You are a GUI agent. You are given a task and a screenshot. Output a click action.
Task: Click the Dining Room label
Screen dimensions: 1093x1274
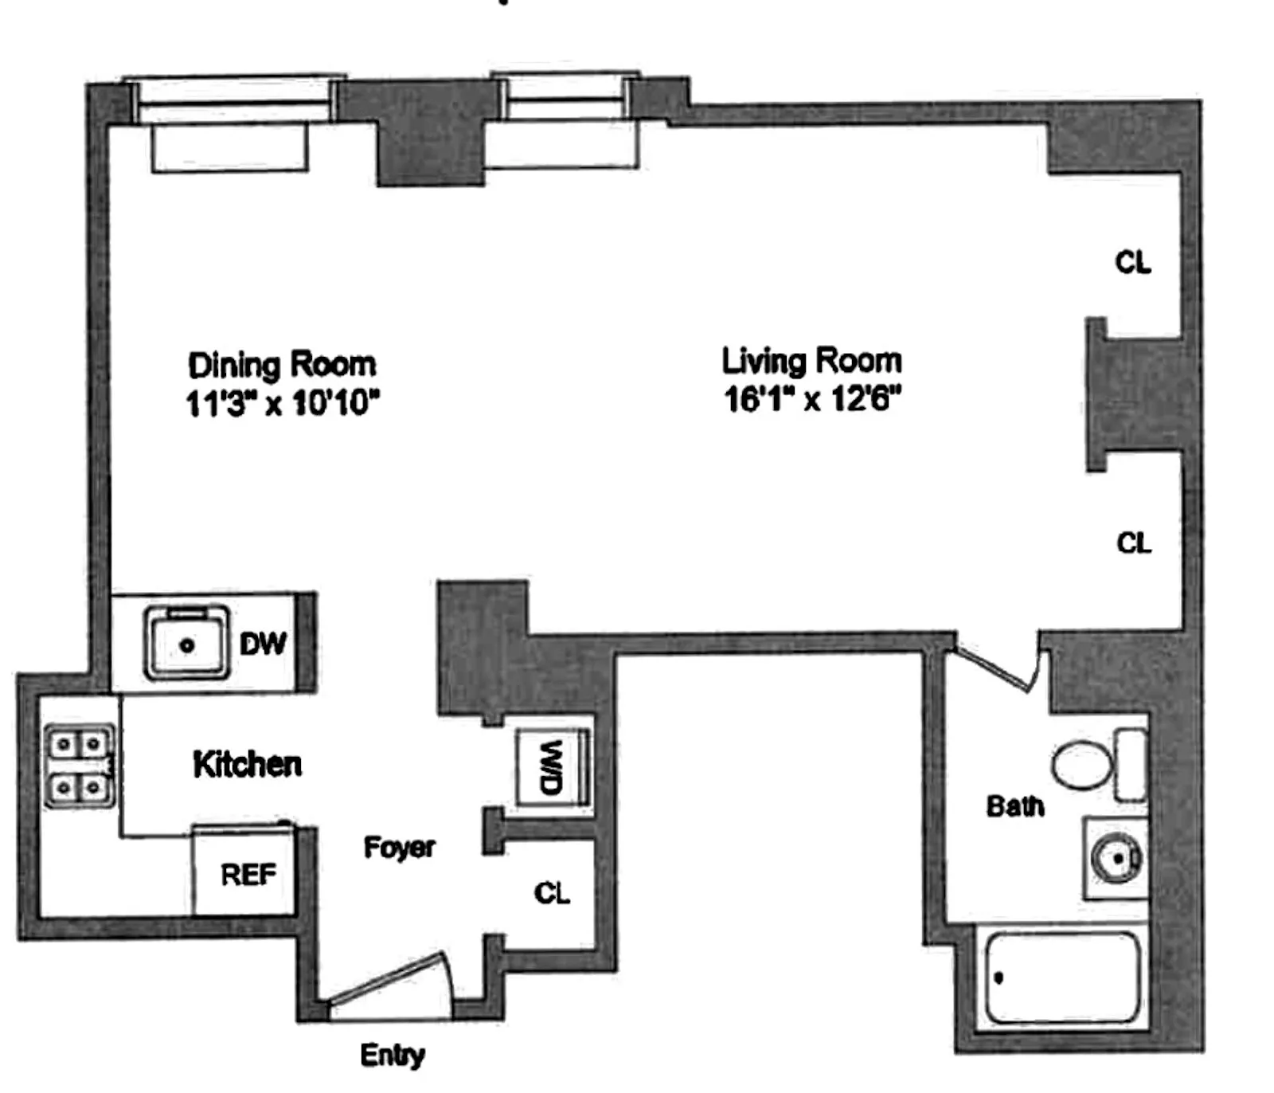pos(282,365)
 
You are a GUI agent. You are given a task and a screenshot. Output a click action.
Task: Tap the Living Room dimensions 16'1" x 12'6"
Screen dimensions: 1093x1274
pos(811,399)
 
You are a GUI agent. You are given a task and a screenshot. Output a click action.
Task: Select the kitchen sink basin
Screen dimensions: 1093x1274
pos(187,644)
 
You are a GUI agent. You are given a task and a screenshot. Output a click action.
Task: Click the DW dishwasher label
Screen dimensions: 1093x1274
pos(263,644)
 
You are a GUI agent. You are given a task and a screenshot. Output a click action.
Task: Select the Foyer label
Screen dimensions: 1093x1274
pos(399,847)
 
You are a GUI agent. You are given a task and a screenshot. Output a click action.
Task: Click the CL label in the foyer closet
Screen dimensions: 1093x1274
pos(552,893)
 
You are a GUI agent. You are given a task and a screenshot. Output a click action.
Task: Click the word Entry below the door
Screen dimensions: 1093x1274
pos(392,1056)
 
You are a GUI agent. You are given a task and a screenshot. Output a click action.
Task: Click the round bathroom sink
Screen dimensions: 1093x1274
pos(1116,859)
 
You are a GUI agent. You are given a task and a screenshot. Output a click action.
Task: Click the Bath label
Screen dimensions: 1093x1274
pos(1015,806)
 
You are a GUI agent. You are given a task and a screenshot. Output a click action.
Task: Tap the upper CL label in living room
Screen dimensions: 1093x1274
pos(1132,262)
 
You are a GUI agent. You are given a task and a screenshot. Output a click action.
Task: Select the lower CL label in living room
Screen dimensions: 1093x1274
pos(1133,543)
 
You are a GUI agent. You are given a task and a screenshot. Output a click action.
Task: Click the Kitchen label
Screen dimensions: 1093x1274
pos(248,764)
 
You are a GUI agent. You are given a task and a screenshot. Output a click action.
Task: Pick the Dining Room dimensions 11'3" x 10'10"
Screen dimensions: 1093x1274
pos(282,403)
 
